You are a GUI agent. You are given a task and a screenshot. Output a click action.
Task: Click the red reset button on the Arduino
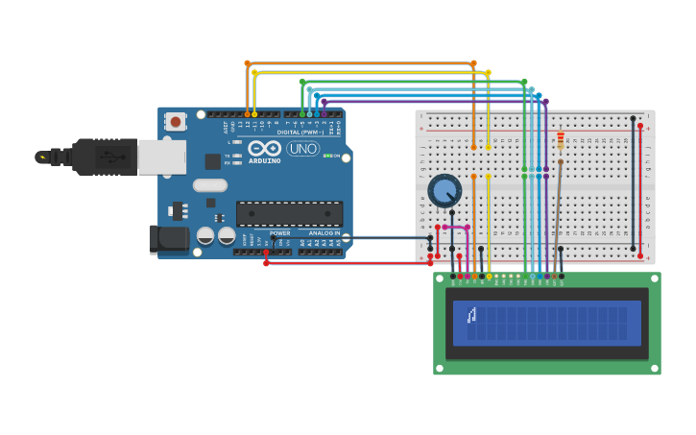[175, 122]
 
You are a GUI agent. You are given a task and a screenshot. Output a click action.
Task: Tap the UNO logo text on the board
[302, 149]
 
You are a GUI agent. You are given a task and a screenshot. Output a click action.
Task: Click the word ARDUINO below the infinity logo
[265, 160]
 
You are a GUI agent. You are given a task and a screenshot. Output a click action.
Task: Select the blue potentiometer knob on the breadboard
[444, 191]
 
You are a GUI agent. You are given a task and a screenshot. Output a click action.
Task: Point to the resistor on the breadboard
[561, 141]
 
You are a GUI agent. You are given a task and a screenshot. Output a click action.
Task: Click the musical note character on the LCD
[471, 315]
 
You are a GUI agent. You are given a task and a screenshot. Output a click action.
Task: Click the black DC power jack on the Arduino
[168, 239]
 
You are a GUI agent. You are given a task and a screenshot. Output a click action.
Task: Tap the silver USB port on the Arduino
[161, 156]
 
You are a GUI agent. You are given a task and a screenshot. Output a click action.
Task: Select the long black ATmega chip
[289, 213]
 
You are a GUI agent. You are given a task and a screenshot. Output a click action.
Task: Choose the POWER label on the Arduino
[279, 233]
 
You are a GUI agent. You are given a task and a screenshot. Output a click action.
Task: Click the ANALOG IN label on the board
[324, 233]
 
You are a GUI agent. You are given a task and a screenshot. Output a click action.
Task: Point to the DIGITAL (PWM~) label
[300, 132]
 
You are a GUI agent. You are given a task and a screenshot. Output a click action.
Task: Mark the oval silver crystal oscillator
[209, 185]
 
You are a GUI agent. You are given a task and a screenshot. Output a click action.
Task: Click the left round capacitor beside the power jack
[205, 235]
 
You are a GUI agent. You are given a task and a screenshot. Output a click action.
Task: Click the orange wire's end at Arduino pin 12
[247, 114]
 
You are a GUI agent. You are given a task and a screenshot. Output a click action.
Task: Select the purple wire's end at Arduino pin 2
[324, 114]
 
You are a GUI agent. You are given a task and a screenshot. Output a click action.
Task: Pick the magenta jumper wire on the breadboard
[456, 228]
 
